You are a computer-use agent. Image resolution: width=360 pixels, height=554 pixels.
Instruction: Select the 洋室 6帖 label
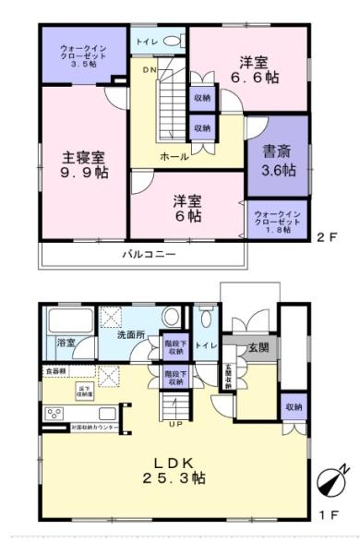point(186,207)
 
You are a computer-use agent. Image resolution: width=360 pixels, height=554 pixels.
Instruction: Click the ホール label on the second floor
point(174,157)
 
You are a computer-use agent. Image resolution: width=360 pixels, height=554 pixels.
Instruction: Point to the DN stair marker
point(149,69)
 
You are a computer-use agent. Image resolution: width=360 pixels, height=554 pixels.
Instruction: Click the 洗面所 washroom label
point(130,334)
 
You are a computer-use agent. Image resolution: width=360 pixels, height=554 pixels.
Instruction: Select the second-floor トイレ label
point(146,42)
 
